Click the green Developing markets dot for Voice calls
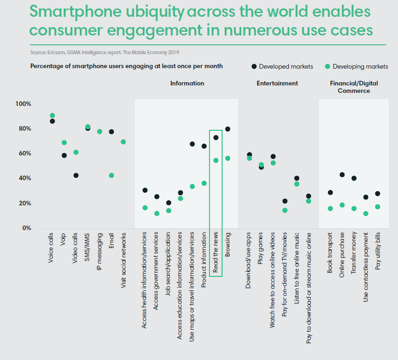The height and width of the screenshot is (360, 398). point(52,115)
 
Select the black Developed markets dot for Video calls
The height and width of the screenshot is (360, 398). point(76,176)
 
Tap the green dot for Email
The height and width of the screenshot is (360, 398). point(112,176)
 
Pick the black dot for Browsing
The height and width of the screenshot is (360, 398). point(228,129)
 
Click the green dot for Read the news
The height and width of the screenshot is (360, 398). point(216,160)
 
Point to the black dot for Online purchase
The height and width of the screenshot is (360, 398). point(342,175)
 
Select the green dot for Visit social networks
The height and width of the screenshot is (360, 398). point(123,142)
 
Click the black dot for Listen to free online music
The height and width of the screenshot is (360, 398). point(297,178)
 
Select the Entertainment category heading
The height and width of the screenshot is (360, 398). point(277,83)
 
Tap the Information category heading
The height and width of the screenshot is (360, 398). point(187,83)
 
